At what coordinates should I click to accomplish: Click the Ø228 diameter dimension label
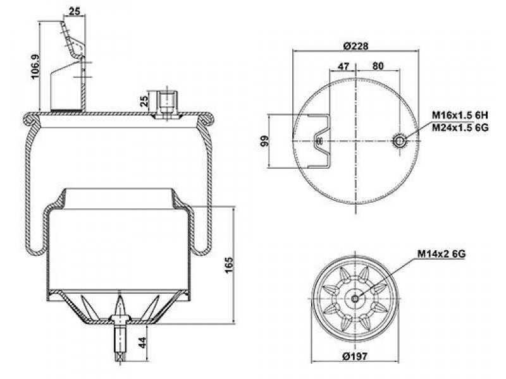point(355,45)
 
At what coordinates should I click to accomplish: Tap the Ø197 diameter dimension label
point(355,356)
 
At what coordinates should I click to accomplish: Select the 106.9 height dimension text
point(35,66)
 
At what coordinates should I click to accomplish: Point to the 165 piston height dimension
point(228,265)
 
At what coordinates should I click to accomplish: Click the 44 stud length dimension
point(142,342)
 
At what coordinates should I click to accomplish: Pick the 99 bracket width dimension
point(264,141)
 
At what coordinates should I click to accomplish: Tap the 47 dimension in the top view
point(343,66)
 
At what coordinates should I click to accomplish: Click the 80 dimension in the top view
point(378,66)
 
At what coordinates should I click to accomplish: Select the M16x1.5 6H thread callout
point(460,115)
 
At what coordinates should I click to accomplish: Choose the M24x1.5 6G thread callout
point(460,128)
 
